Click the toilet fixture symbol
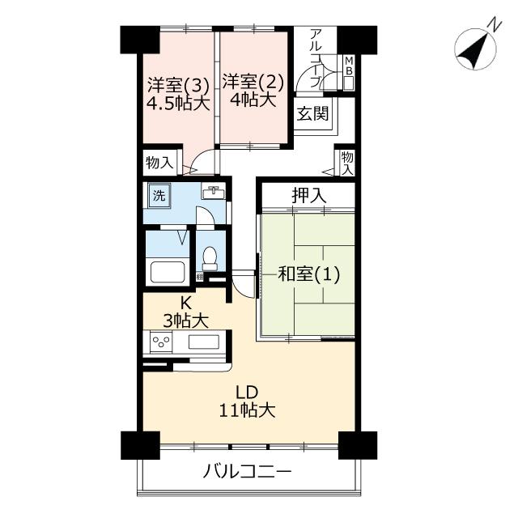210,259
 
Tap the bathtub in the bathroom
168,272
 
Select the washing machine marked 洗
159,196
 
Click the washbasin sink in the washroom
214,192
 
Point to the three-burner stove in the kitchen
161,342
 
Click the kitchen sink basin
204,342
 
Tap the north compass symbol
475,49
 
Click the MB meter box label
349,66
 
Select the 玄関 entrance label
312,113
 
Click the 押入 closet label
309,195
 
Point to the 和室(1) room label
309,274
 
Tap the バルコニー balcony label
248,471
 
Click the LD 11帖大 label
247,401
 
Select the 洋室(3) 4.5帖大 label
178,94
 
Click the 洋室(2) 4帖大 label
253,90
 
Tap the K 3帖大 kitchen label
185,312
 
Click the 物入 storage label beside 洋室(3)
159,163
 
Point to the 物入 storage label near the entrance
347,163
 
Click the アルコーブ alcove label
316,58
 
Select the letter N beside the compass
495,26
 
